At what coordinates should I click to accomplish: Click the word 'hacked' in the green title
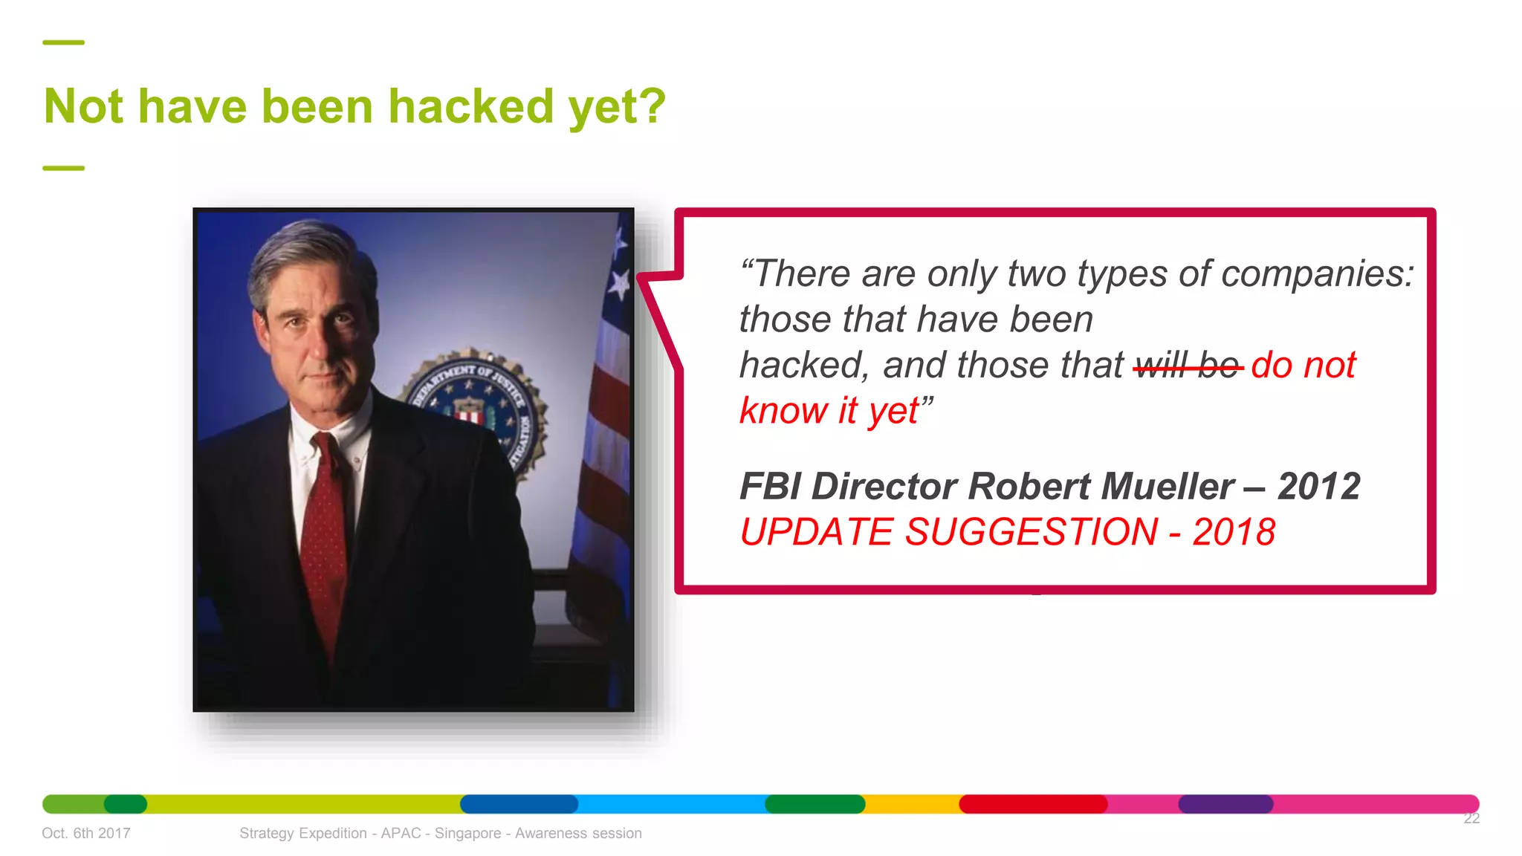(x=471, y=106)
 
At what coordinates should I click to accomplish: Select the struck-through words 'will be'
(x=1188, y=366)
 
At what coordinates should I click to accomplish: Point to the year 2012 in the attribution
(x=1318, y=487)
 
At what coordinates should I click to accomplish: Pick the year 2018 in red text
(x=1234, y=532)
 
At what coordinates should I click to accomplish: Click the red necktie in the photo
(x=324, y=535)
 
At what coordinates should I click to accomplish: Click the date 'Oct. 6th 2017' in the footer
(x=86, y=833)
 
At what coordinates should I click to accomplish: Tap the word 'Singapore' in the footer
(x=467, y=833)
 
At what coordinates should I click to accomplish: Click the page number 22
(x=1471, y=818)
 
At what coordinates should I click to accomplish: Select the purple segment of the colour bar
(x=1225, y=804)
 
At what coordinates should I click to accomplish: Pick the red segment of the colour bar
(x=1033, y=804)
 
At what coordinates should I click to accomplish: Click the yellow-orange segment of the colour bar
(x=912, y=804)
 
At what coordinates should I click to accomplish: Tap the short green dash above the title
(x=64, y=42)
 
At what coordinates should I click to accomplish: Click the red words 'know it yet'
(x=829, y=411)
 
